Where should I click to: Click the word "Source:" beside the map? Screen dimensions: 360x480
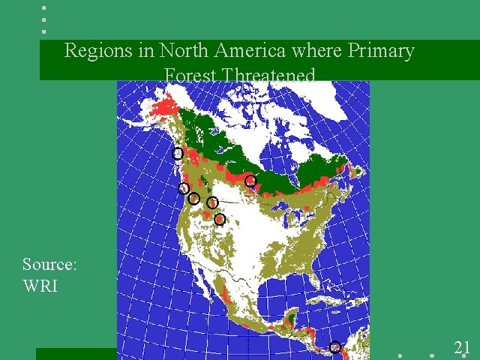[x=50, y=264]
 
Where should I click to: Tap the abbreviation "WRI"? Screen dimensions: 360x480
[x=40, y=286]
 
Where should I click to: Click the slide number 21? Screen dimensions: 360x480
[x=462, y=347]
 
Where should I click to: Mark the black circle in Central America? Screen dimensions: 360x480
[x=335, y=347]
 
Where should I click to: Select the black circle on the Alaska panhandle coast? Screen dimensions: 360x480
[x=177, y=154]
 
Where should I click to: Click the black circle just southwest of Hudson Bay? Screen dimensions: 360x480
[x=250, y=181]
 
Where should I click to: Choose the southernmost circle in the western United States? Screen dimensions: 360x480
[x=220, y=219]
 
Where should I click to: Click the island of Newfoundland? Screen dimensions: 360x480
[x=358, y=172]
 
